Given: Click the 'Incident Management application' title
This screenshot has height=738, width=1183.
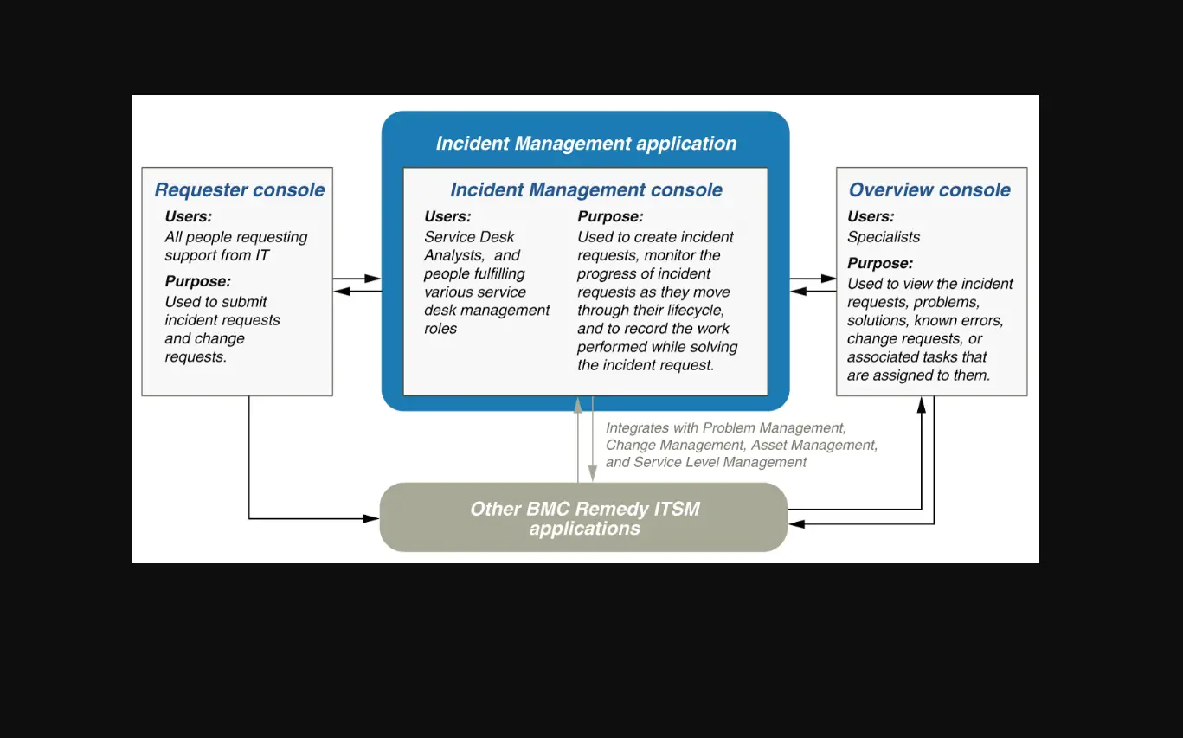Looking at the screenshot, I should [586, 144].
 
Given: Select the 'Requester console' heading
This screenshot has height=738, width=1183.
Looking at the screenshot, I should [240, 190].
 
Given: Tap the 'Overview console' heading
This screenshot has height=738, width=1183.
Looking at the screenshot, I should [929, 190].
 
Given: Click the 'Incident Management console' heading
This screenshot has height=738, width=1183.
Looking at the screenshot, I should [586, 190].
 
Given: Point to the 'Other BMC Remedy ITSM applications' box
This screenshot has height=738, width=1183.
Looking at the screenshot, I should [584, 517].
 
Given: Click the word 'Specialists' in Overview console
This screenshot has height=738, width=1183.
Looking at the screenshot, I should [884, 237].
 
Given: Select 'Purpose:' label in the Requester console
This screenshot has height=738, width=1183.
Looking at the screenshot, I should [198, 281].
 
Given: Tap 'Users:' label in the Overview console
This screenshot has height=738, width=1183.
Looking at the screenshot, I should [871, 216].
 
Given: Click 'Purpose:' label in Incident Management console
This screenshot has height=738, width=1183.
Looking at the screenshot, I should [610, 216].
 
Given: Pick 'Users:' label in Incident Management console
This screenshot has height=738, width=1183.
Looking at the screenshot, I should [447, 216].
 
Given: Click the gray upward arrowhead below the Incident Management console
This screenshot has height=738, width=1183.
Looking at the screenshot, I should [578, 404].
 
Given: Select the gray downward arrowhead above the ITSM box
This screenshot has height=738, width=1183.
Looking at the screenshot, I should [593, 474].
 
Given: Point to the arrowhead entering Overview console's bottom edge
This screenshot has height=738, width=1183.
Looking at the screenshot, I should [922, 404].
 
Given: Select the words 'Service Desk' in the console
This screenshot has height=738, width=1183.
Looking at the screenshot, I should [469, 237].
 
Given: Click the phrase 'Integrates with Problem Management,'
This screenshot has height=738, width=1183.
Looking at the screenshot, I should [725, 427].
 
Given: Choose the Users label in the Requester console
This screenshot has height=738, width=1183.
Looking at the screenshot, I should [188, 216].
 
